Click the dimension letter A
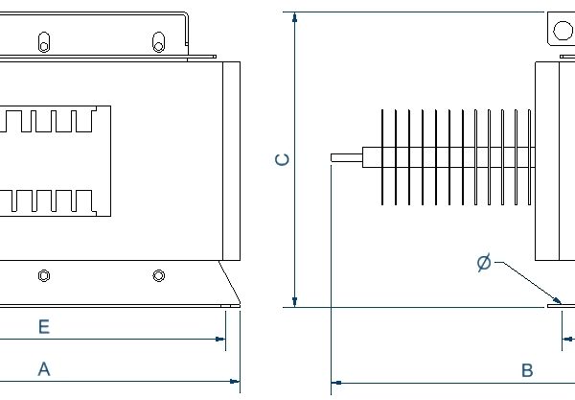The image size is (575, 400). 43,368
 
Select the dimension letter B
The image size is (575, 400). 526,369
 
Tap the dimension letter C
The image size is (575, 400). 282,159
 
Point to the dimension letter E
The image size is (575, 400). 43,327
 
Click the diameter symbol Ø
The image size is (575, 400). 483,262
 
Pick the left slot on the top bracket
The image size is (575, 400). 43,42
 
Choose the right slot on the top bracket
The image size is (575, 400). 159,42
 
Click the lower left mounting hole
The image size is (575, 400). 43,276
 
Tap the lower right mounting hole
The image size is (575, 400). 159,276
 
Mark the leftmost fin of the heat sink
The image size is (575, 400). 382,158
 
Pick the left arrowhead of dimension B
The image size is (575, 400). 336,383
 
